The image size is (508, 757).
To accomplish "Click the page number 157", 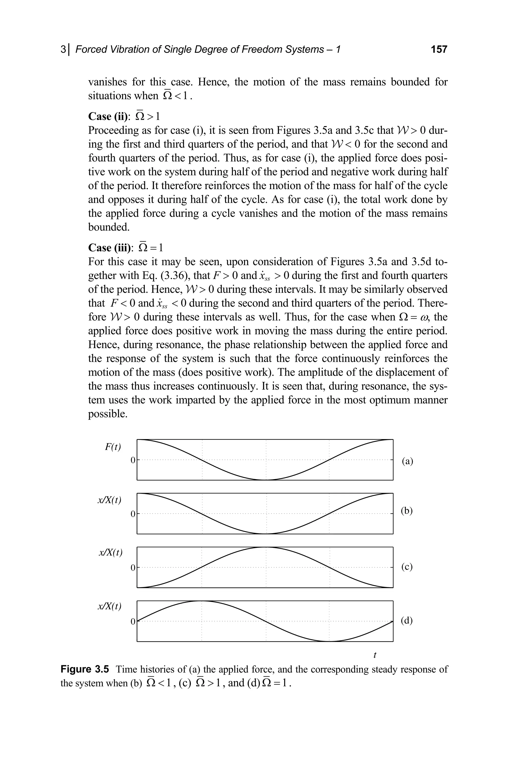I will tap(439, 50).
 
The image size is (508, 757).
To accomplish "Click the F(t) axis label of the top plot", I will tap(113, 447).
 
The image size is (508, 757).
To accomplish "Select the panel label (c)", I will tap(407, 567).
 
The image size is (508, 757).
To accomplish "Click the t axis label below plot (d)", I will tap(375, 655).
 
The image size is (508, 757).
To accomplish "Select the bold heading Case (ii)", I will tap(109, 116).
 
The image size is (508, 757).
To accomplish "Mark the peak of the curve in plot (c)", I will tap(265, 547).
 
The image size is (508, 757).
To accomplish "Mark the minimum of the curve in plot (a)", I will tap(265, 480).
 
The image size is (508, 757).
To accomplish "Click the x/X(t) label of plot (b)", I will tap(109, 500).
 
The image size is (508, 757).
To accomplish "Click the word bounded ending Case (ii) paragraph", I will tap(109, 227).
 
